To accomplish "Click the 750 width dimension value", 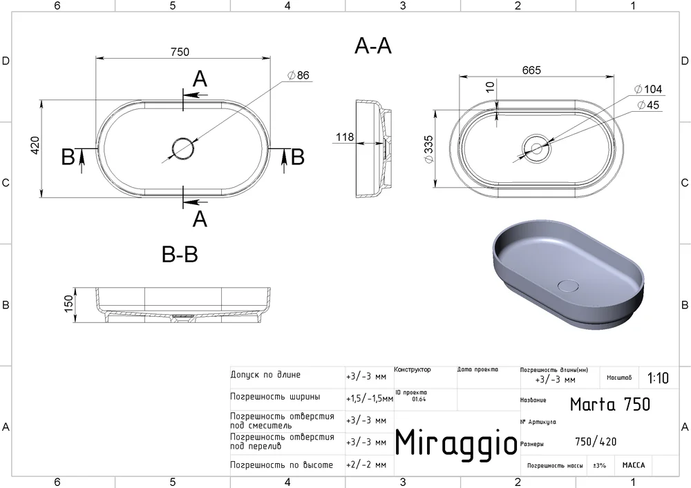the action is [x=180, y=52].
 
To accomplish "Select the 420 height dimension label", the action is [x=35, y=145].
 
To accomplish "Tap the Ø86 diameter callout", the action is [x=299, y=75].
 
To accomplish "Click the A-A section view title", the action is [x=373, y=46].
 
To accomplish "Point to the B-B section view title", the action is [x=180, y=254].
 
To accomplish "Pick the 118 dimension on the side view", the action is [x=345, y=137].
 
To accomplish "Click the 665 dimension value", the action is [x=531, y=70].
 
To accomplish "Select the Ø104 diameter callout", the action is [x=648, y=89].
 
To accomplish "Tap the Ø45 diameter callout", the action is [x=648, y=105].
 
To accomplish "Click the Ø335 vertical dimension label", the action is [x=428, y=149].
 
